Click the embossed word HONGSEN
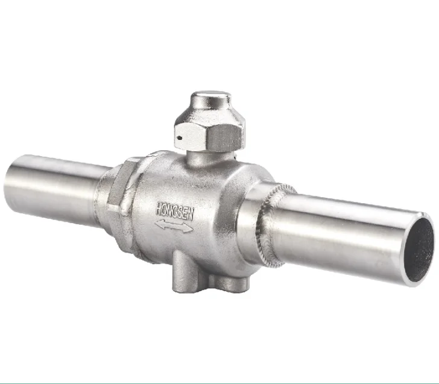point(175,212)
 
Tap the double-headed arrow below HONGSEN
point(174,227)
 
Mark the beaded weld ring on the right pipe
point(270,223)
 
